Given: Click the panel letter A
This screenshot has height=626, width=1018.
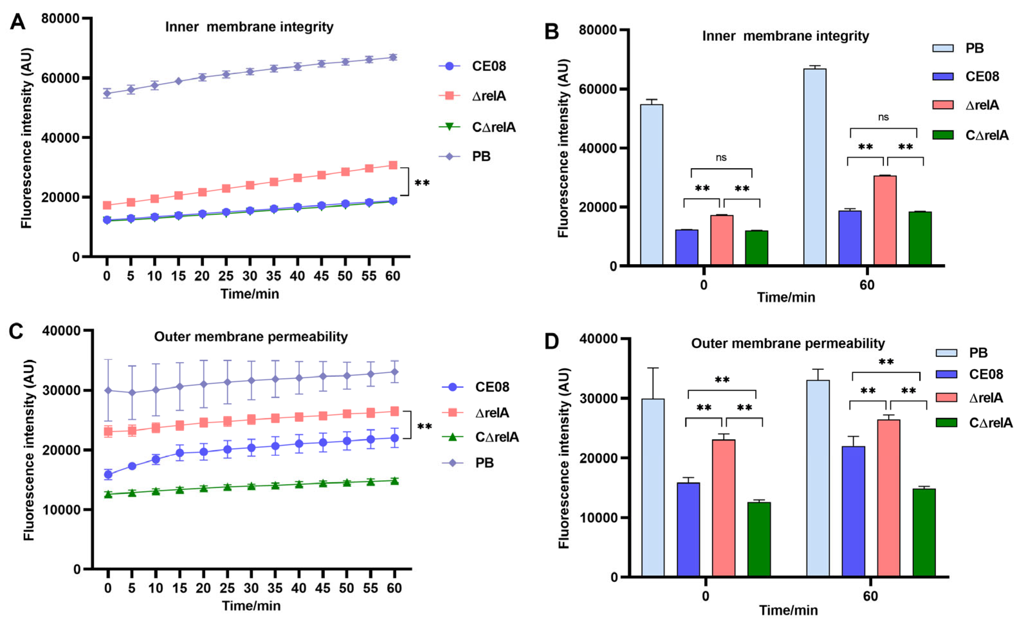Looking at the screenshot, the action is [x=17, y=22].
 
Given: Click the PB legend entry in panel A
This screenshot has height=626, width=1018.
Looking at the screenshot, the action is [x=465, y=156].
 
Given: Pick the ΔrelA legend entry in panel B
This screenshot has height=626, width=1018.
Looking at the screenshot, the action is [x=966, y=105].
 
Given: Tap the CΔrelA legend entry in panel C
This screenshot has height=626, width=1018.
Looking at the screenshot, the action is [x=480, y=437].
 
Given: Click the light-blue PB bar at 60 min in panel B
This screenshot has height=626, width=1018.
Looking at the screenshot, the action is [x=815, y=166].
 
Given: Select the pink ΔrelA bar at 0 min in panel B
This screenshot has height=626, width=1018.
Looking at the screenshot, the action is [x=722, y=240].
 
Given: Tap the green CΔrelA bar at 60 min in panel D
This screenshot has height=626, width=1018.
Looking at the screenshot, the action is [x=924, y=532].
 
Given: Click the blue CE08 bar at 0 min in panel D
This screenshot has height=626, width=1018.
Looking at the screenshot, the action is [x=688, y=529].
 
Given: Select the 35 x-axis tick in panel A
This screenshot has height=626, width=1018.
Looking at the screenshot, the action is [x=273, y=276].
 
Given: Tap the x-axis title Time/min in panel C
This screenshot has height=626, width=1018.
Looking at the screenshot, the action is [x=251, y=606].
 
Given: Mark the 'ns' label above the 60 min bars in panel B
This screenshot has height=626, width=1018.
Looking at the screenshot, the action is [x=884, y=117].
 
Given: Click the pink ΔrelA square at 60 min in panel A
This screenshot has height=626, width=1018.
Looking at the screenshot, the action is [x=393, y=165].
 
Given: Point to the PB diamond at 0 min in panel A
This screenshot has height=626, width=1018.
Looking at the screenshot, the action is [x=107, y=93].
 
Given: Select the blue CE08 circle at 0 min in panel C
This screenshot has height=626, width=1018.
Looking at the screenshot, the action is [x=108, y=474].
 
